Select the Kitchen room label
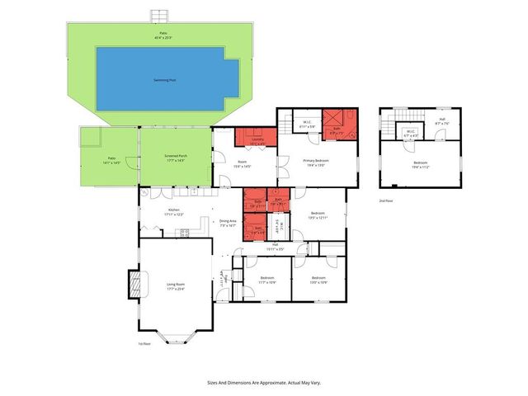(174, 212)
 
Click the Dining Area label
(228, 223)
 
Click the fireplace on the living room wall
(134, 285)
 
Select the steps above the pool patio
(159, 16)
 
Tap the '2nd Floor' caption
(385, 200)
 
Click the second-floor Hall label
(442, 121)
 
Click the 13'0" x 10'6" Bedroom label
(318, 280)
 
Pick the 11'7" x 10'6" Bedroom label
(266, 280)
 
